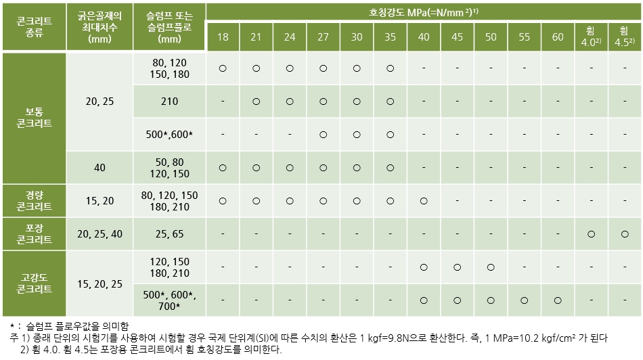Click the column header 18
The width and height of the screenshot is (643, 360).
(223, 37)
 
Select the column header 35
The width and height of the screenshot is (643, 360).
(390, 37)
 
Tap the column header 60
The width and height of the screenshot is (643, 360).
(558, 37)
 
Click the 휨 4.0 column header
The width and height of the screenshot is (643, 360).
(591, 37)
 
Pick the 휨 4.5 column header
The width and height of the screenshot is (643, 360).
(624, 37)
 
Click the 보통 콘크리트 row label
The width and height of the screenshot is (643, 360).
(35, 118)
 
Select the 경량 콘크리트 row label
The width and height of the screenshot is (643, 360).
(35, 200)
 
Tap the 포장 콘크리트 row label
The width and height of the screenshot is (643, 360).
(35, 233)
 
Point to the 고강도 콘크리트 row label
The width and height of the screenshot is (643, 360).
(35, 283)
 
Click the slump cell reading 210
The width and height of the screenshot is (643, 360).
(169, 102)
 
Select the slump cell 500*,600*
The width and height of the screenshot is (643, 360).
(169, 135)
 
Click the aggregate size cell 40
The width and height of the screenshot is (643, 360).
(100, 167)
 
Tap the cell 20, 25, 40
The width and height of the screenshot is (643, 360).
(100, 233)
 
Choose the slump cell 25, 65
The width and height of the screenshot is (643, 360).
(169, 233)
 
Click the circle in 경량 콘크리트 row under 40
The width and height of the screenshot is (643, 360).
(424, 200)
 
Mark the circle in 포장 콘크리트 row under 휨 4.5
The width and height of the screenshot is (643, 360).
(624, 233)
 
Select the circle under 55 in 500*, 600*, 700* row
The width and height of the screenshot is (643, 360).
(524, 300)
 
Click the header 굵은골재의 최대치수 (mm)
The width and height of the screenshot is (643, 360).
(100, 26)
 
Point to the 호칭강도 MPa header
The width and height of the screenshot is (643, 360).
(424, 12)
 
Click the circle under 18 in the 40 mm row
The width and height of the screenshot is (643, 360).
(223, 167)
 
